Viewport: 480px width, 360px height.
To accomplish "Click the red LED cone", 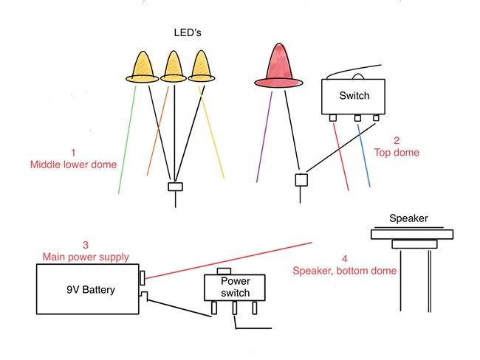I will click(279, 65).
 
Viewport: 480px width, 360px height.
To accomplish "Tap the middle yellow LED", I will click(173, 67).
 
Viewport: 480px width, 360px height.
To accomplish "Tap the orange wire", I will click(157, 133).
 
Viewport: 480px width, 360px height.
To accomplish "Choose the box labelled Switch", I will click(354, 96).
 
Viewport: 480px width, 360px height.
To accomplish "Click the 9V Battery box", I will click(89, 290).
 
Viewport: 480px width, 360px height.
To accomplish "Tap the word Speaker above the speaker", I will click(408, 219).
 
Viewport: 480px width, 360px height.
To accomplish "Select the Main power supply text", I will click(85, 257).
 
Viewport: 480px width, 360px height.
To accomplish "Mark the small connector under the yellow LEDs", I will click(175, 187).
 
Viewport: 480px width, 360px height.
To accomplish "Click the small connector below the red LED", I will click(301, 179).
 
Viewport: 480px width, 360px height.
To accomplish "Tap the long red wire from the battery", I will click(229, 258).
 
